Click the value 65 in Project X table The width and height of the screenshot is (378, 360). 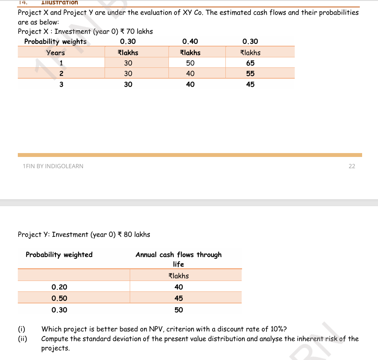coord(250,63)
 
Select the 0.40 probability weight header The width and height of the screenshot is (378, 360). coord(190,41)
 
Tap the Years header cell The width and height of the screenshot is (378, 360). coord(55,53)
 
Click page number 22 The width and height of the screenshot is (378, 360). coord(352,166)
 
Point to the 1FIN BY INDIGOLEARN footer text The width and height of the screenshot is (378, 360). coord(53,166)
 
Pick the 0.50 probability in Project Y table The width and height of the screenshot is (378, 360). coord(59,298)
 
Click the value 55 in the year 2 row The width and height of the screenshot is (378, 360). coord(250,73)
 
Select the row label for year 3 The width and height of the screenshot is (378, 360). coord(61,84)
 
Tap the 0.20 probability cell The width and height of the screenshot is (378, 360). coord(59,287)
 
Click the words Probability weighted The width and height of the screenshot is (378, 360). coord(59,255)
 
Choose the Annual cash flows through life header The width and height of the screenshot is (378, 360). coord(179,259)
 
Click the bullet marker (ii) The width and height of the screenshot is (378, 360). coord(22,339)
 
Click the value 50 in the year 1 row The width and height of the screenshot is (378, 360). coord(190,63)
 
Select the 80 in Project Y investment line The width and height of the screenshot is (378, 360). coord(128,234)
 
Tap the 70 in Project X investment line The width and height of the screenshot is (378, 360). coord(131,31)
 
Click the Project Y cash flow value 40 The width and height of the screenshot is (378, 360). coord(179,287)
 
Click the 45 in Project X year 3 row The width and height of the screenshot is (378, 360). coord(250,84)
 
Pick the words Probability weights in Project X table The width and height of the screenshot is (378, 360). coord(55,41)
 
